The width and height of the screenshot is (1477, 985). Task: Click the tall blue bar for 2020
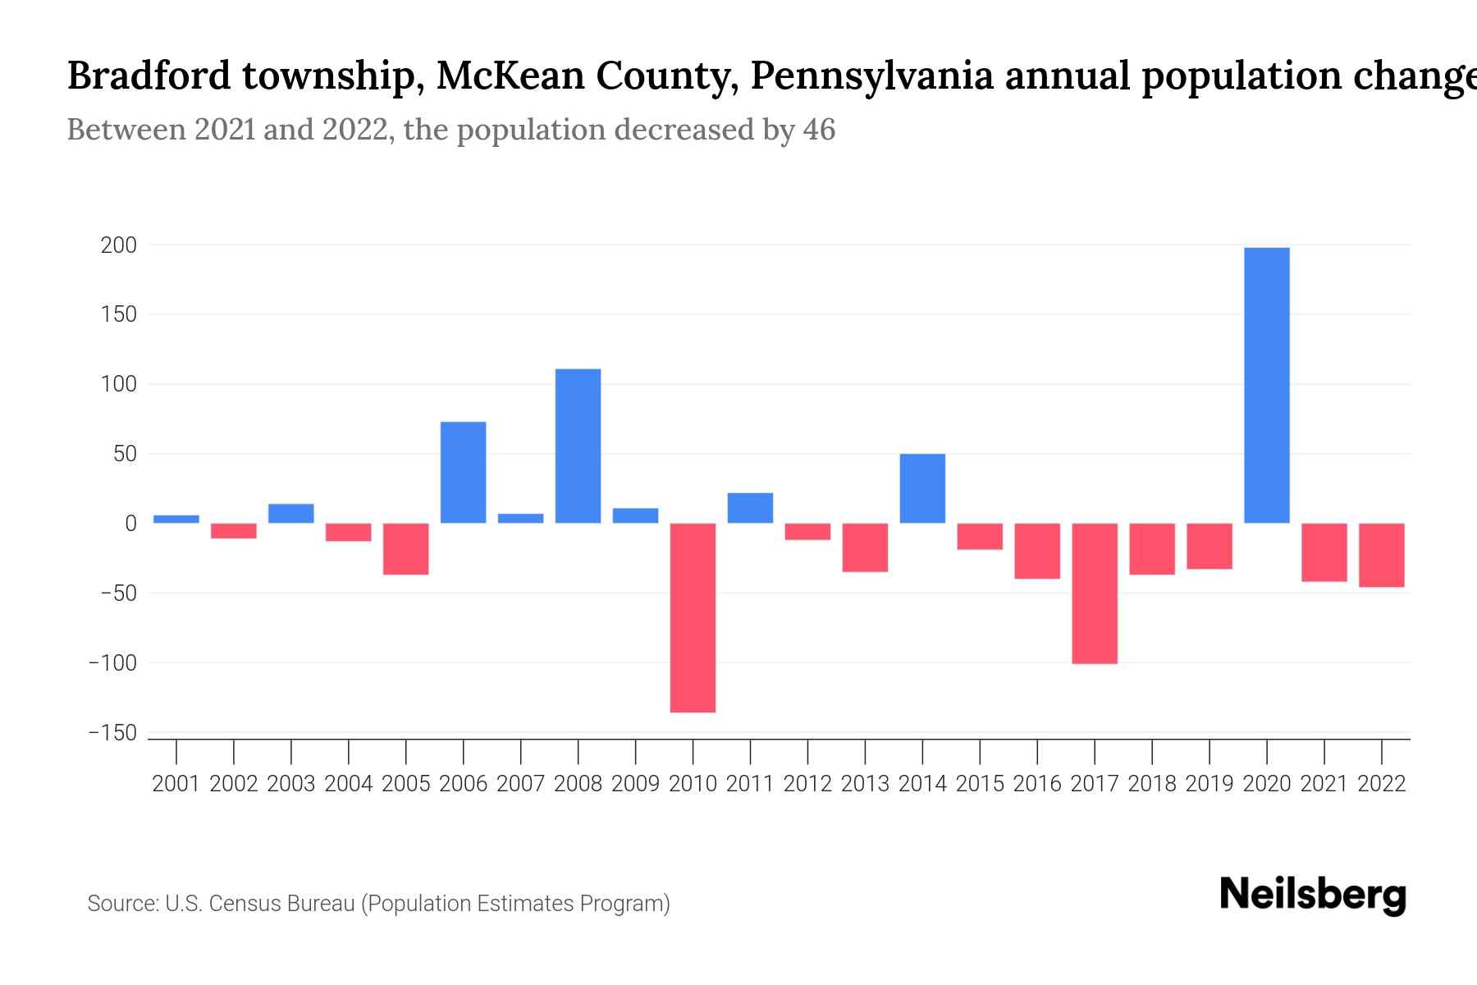point(1266,386)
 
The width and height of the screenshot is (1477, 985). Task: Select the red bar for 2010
point(693,617)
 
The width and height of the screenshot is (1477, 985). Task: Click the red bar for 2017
point(1094,593)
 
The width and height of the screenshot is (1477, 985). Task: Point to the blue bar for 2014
point(922,488)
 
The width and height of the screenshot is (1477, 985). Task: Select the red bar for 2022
point(1381,555)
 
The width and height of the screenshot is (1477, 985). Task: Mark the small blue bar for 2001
point(176,519)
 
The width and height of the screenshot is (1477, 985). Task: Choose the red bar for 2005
point(405,548)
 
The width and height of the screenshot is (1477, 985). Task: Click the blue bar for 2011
point(750,508)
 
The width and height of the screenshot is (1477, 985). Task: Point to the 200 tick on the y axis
point(119,245)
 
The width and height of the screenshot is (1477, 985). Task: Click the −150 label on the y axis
point(113,733)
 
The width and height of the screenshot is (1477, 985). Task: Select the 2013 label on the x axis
point(865,784)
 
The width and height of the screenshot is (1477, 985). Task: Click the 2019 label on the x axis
point(1209,784)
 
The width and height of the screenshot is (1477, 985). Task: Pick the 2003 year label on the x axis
point(291,784)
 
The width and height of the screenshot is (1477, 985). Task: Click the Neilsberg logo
point(1312,895)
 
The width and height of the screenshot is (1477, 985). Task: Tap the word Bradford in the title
point(149,76)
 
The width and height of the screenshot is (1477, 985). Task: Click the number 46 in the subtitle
point(818,130)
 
